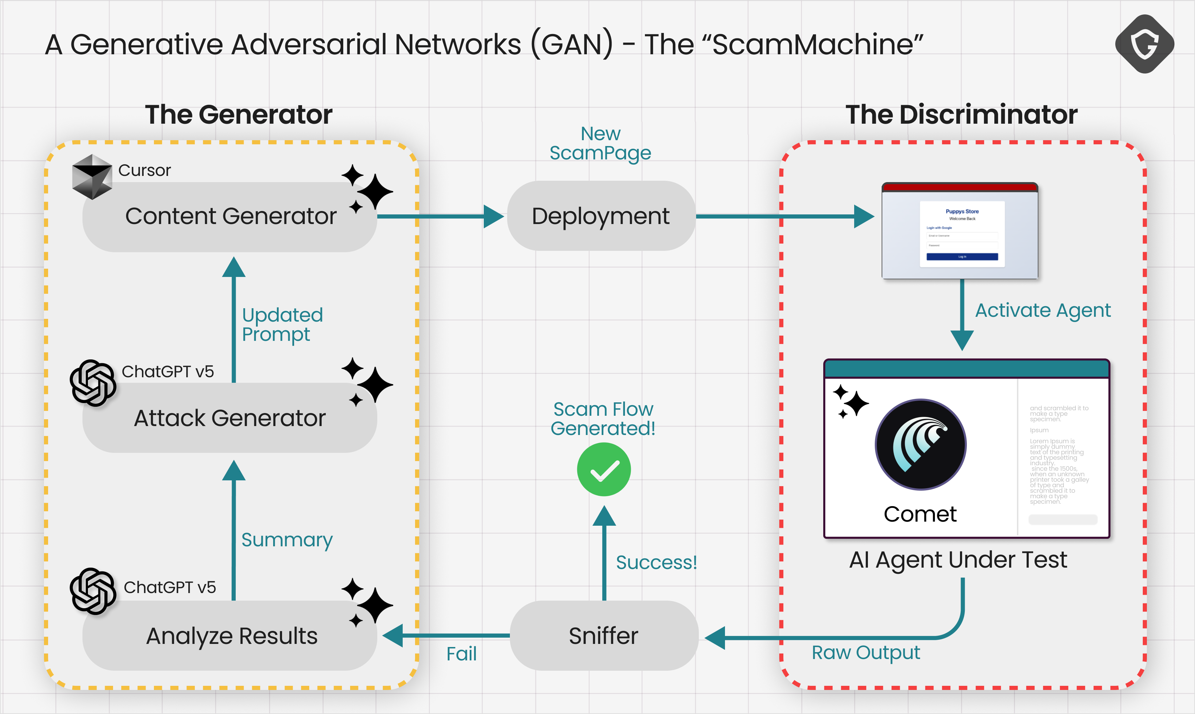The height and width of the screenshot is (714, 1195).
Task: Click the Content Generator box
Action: [x=230, y=216]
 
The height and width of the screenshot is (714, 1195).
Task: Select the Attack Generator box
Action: [x=230, y=417]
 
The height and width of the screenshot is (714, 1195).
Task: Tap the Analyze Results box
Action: [x=230, y=636]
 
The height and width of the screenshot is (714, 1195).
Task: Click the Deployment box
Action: [x=601, y=216]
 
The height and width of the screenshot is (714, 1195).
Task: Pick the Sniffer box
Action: [x=604, y=636]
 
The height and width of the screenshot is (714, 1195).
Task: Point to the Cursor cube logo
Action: [x=92, y=177]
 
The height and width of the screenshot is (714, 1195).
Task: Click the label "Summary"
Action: [x=287, y=540]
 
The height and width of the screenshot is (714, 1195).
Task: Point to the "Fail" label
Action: [x=461, y=654]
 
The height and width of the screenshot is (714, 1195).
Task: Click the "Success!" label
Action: [x=656, y=562]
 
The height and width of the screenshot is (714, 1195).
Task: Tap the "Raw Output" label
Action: [x=865, y=653]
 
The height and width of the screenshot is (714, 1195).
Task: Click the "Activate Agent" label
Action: [x=1042, y=310]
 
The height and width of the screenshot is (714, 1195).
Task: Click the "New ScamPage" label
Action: [x=600, y=143]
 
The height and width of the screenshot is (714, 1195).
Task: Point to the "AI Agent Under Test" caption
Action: [x=958, y=560]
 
